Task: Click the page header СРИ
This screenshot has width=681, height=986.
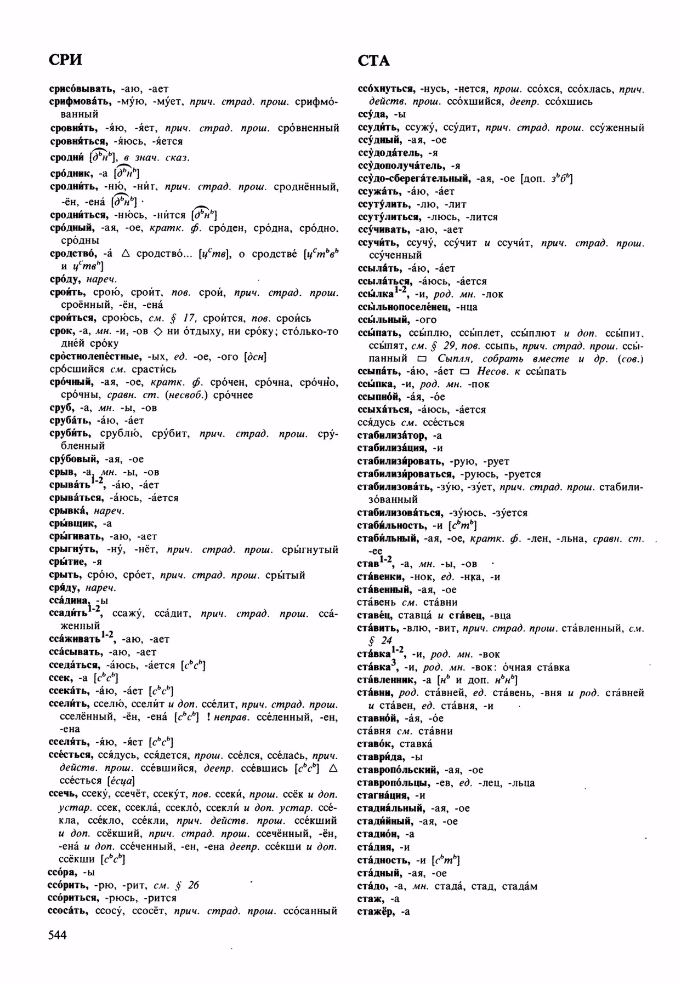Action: [x=65, y=59]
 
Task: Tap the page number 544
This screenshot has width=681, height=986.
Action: [x=57, y=935]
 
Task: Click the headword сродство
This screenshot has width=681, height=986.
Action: [x=73, y=253]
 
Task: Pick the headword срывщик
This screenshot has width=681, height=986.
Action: [x=72, y=523]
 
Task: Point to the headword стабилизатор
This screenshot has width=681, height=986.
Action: [x=391, y=435]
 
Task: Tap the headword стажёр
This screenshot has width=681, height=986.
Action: [x=376, y=912]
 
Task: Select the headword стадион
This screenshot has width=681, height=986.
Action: [x=377, y=834]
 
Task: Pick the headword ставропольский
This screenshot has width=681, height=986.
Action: [x=399, y=770]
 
